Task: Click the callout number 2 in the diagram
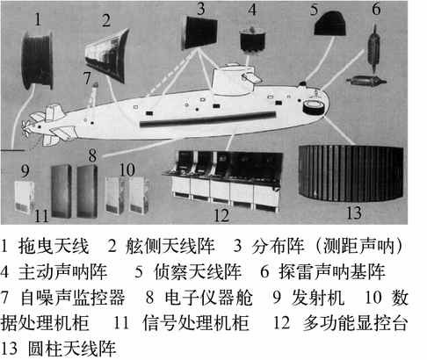(x=106, y=20)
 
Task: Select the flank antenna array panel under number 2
(x=107, y=55)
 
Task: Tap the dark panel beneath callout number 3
(x=200, y=32)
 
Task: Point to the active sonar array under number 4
(x=252, y=40)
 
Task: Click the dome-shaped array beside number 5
(x=329, y=24)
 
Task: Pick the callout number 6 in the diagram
(x=376, y=10)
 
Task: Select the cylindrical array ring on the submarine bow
(x=313, y=107)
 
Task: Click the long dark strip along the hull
(x=208, y=119)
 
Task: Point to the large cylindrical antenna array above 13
(x=351, y=173)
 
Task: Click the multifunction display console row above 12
(x=222, y=180)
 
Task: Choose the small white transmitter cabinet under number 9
(x=25, y=197)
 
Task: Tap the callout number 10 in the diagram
(x=127, y=169)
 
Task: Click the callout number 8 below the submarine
(x=92, y=155)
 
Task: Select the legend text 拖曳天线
(x=54, y=246)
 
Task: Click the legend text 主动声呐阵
(x=62, y=271)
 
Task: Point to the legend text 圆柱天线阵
(x=72, y=349)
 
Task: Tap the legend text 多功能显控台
(x=355, y=323)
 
